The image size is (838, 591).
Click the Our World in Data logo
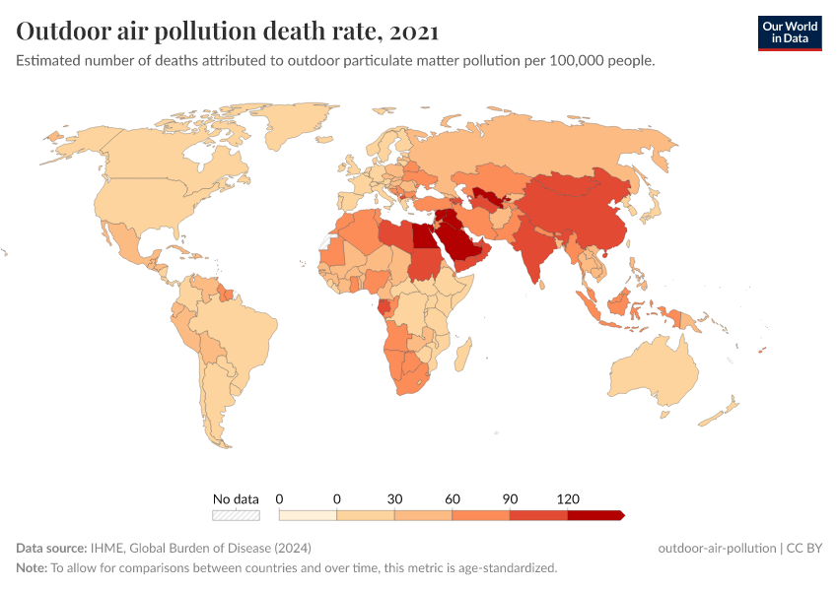coord(789,33)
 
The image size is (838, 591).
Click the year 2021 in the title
coord(414,32)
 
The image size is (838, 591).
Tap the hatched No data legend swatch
coord(236,514)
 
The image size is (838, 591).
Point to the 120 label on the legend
coord(568,498)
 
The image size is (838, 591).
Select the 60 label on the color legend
coord(453,498)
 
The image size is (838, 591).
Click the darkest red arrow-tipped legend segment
coord(594,514)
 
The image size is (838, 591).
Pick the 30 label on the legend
coord(394,498)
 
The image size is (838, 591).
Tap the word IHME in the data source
coord(105,548)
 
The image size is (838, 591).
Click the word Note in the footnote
coord(32,567)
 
